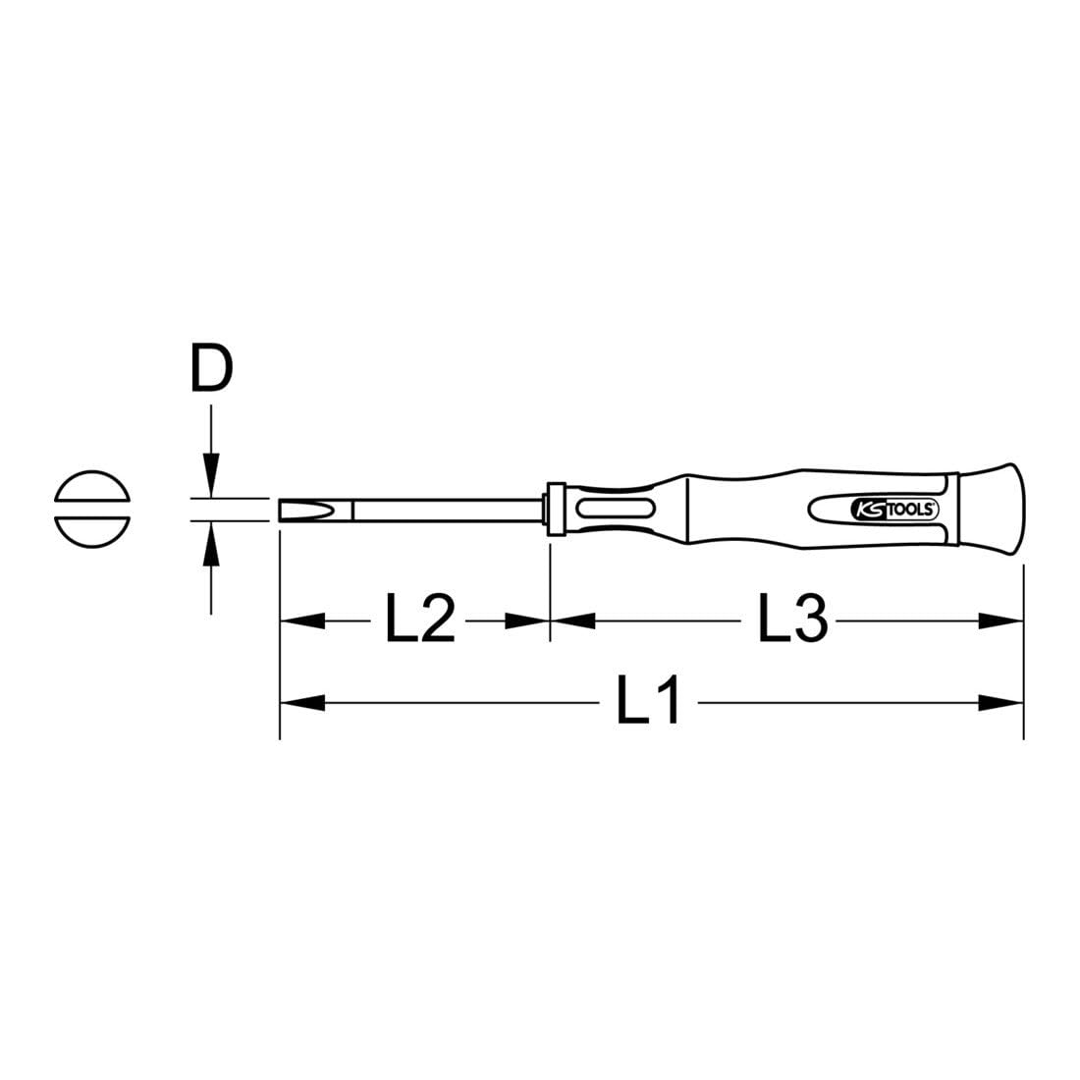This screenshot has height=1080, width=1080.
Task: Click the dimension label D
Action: (210, 369)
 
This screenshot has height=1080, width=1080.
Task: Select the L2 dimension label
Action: (420, 621)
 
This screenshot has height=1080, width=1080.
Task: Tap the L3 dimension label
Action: (793, 621)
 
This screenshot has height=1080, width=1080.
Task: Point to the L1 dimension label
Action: (648, 702)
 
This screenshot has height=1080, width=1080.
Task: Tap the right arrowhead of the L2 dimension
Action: (526, 621)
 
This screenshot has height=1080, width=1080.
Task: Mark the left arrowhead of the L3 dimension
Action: (573, 621)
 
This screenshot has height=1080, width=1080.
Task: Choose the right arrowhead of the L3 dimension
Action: (1001, 621)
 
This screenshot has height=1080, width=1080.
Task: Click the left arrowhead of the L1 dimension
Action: (302, 702)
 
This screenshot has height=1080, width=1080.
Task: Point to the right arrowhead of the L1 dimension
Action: (1001, 702)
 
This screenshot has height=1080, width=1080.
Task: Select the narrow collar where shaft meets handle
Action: (556, 509)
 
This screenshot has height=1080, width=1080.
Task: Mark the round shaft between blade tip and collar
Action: (447, 510)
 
